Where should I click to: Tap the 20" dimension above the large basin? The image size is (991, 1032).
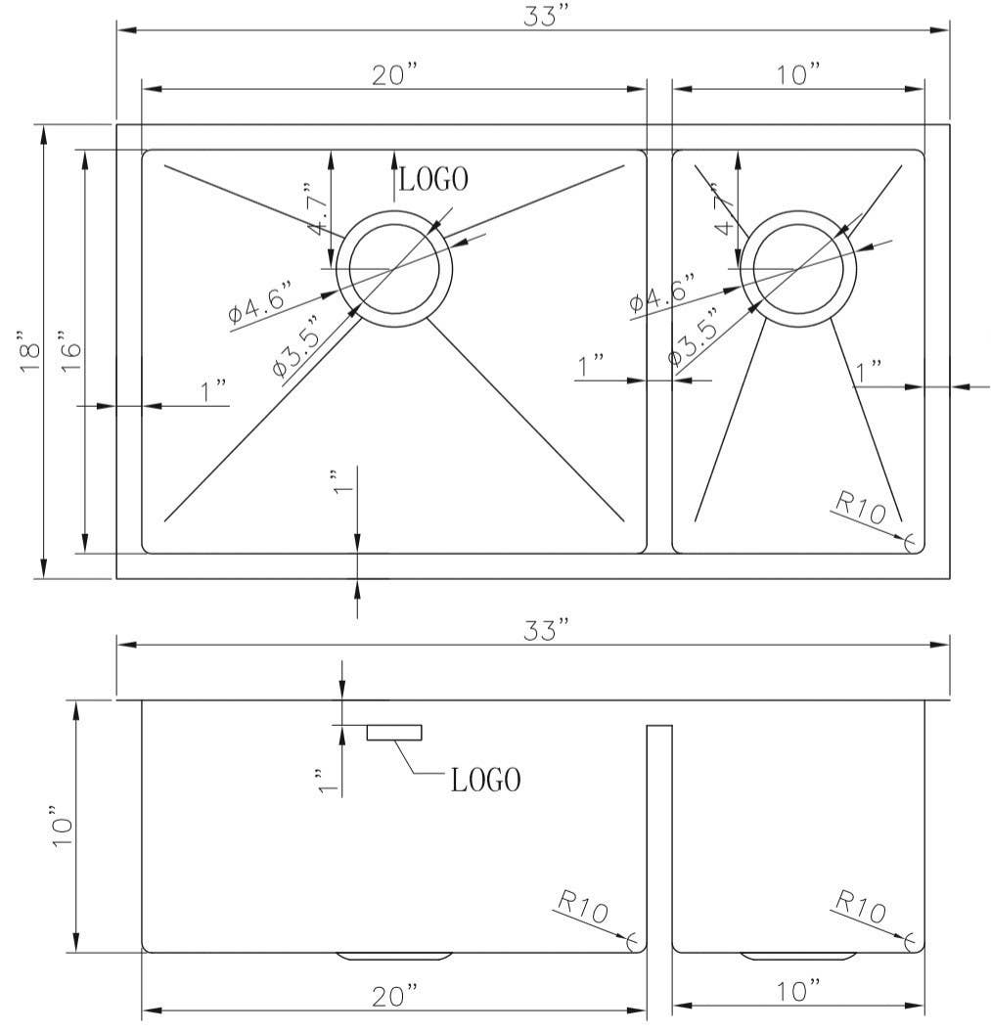(x=394, y=75)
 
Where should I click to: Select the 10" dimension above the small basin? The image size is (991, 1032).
(x=799, y=75)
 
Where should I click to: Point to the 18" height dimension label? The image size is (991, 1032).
(x=29, y=350)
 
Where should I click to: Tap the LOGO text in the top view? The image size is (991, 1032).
(x=432, y=179)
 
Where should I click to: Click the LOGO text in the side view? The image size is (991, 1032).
(x=485, y=780)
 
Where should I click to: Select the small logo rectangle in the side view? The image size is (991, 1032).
(x=394, y=733)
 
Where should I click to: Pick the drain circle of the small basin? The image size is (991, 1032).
(x=798, y=267)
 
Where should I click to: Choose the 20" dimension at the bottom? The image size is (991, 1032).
(x=394, y=996)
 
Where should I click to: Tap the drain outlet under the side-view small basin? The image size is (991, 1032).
(x=798, y=955)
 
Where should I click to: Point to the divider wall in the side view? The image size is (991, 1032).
(x=658, y=836)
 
